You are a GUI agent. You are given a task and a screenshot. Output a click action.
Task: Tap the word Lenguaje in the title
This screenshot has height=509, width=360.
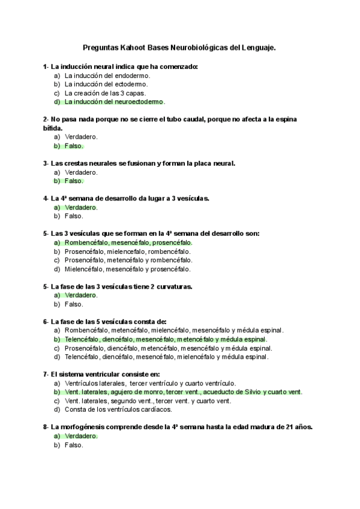(x=257, y=46)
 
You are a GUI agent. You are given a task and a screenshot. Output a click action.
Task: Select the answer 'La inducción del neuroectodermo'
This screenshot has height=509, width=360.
(x=114, y=102)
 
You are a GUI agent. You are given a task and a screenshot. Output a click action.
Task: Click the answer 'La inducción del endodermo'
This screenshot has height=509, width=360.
(x=107, y=76)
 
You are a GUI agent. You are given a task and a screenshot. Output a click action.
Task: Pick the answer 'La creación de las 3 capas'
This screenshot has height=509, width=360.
(x=104, y=94)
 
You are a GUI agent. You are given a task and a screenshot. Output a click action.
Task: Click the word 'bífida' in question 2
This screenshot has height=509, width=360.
(x=52, y=128)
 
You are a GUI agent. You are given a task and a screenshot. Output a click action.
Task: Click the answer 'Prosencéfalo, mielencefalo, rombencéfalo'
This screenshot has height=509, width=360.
(x=127, y=251)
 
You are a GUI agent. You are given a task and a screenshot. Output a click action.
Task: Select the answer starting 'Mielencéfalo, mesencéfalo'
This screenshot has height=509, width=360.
(x=128, y=269)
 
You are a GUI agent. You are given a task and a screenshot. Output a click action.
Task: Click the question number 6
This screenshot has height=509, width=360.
(x=46, y=322)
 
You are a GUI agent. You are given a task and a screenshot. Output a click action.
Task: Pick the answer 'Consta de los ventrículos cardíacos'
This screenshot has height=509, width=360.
(x=118, y=409)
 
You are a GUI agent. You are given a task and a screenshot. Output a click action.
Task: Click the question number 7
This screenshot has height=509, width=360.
(x=46, y=375)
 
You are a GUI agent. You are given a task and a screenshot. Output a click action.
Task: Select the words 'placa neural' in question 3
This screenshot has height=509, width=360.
(x=215, y=163)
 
